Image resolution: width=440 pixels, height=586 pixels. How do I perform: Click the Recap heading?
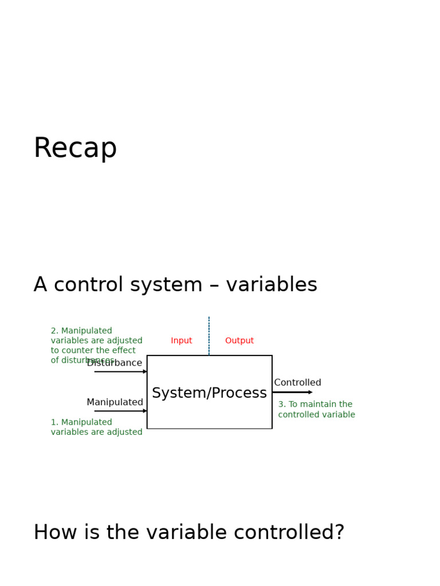(x=75, y=149)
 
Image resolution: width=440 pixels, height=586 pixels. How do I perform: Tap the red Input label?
(x=181, y=341)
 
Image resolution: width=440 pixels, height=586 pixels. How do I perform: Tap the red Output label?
(x=239, y=341)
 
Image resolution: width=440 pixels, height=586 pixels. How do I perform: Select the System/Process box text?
(x=209, y=394)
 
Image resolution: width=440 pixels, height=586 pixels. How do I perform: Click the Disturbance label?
(x=115, y=363)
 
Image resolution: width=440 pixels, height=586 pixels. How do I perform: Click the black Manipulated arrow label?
(x=115, y=403)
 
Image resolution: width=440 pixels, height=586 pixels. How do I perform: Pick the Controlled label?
(x=297, y=383)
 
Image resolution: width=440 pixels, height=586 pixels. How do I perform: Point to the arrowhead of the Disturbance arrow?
(x=145, y=372)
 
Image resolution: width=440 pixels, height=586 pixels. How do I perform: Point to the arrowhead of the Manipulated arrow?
(x=145, y=411)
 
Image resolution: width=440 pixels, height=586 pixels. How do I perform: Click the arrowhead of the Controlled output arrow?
(x=311, y=393)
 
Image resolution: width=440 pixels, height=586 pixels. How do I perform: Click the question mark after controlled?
(x=340, y=533)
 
